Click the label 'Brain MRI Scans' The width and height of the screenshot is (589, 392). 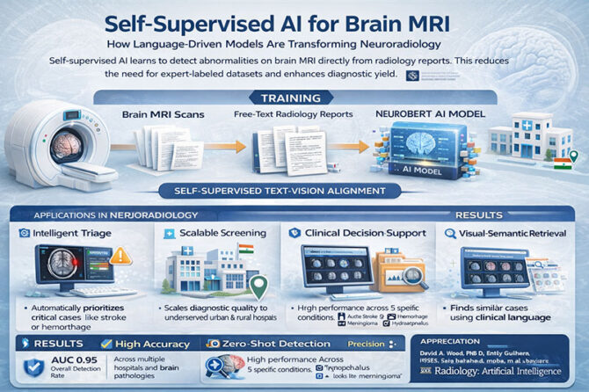[161, 115]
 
